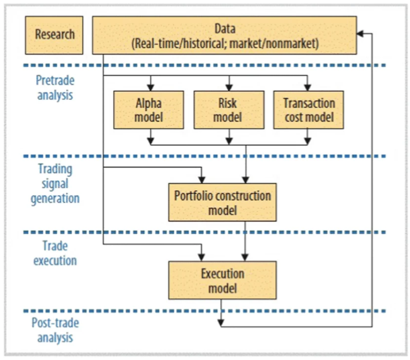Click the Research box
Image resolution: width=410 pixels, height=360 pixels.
point(54,35)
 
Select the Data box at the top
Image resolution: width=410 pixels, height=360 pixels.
point(224,35)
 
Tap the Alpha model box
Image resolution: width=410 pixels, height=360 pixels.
point(149,110)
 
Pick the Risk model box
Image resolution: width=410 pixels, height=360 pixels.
point(227,110)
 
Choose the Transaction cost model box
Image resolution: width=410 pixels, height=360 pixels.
point(308,110)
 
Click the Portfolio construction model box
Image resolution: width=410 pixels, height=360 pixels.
point(222,202)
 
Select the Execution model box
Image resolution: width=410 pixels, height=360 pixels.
point(222,280)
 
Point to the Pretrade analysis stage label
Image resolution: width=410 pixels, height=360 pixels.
point(55,87)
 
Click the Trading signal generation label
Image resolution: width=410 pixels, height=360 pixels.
point(55,183)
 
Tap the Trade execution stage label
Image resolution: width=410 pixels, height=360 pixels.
point(55,253)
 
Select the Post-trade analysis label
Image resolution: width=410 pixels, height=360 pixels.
point(55,330)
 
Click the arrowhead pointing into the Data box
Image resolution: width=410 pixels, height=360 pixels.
point(360,34)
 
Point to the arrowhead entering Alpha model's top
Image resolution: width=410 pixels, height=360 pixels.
point(151,87)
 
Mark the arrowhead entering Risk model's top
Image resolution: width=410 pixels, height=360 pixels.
point(228,87)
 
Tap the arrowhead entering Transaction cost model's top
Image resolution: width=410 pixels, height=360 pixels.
point(308,87)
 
